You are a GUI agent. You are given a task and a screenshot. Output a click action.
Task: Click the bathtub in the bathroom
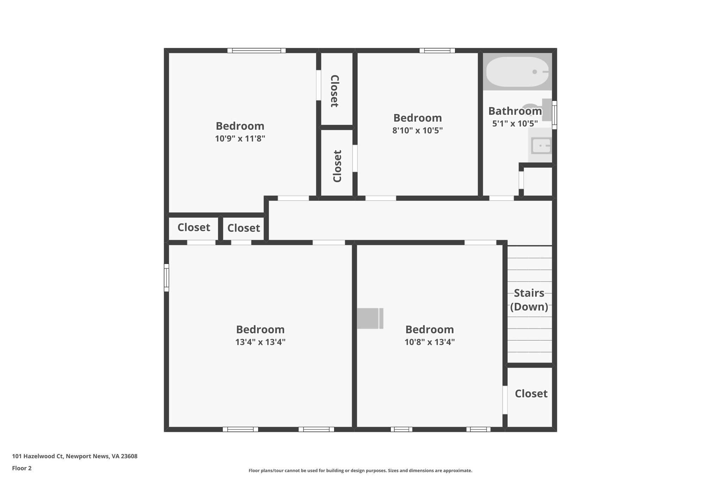tap(517, 72)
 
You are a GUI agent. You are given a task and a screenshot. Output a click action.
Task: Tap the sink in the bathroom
tap(541, 146)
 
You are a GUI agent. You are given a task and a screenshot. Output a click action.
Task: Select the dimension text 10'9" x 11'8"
tap(240, 139)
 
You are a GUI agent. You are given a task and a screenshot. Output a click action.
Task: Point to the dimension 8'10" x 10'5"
tap(417, 130)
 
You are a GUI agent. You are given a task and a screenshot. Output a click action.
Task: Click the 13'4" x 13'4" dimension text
tap(260, 342)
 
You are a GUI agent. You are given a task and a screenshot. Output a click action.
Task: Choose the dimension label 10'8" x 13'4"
tap(430, 342)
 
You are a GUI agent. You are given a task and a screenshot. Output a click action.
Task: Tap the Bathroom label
tap(515, 111)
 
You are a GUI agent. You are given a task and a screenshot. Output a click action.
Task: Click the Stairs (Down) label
tap(529, 300)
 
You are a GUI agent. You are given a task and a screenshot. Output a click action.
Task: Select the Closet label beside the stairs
tap(531, 393)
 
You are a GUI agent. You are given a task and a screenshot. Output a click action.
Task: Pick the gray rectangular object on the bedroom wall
tap(370, 319)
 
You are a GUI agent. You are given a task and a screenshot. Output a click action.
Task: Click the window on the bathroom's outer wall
tap(554, 115)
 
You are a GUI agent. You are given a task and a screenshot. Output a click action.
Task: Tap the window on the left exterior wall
tap(167, 277)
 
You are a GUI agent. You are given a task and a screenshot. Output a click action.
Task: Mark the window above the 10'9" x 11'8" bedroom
tap(256, 51)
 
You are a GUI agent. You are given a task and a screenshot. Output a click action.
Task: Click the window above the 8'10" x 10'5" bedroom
tap(437, 51)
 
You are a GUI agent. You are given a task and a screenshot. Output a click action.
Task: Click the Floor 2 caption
tap(22, 468)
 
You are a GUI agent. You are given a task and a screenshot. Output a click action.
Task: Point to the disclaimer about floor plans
tap(360, 471)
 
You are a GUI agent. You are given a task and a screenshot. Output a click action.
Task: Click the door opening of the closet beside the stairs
tap(505, 400)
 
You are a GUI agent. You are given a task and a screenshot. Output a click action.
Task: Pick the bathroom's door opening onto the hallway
tap(501, 198)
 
